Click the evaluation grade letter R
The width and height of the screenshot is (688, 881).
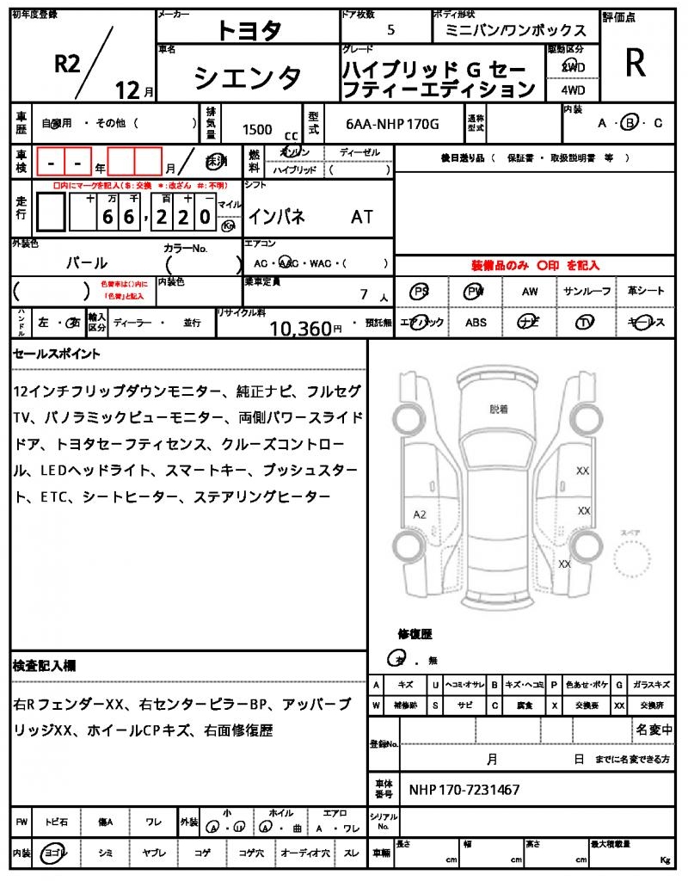coord(636,62)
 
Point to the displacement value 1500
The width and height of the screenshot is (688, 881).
coord(257,129)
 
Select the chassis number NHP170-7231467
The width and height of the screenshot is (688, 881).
coord(464,789)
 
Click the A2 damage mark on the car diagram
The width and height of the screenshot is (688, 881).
coord(420,514)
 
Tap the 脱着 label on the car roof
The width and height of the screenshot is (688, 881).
coord(499,410)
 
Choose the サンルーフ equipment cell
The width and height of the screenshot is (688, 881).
coord(587,292)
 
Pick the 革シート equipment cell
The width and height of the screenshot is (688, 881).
coord(645,292)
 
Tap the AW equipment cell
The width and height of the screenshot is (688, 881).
coord(530,292)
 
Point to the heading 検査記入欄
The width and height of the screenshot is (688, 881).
coord(45,665)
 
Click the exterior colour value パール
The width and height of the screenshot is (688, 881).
coord(87,262)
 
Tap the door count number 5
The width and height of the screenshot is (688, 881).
coord(391,29)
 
